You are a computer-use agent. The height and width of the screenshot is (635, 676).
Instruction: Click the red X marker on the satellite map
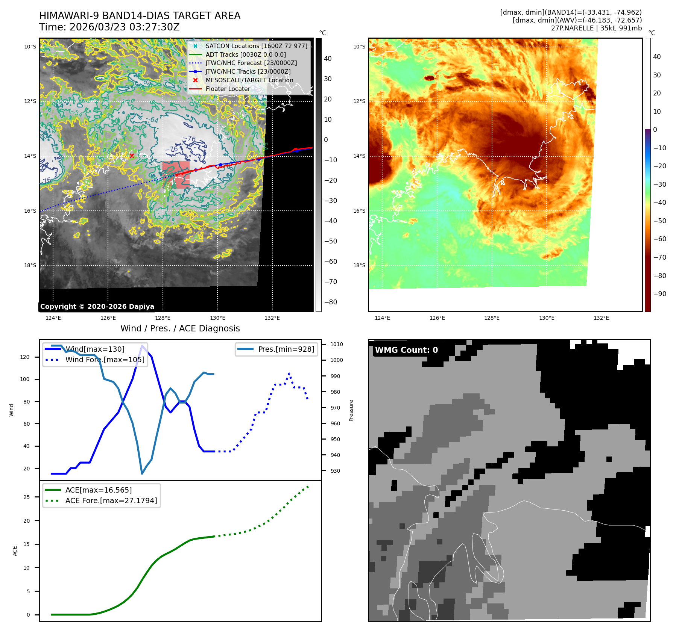click(x=132, y=156)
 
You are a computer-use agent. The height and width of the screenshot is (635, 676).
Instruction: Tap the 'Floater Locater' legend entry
click(x=228, y=89)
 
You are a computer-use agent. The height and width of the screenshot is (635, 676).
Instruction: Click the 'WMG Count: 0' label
click(x=406, y=350)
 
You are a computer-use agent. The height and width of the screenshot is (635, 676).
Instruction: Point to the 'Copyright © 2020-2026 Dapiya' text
click(x=97, y=307)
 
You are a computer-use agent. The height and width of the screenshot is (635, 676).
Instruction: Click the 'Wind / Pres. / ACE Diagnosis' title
click(x=180, y=328)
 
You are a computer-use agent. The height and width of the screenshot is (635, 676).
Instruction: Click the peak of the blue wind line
click(x=142, y=346)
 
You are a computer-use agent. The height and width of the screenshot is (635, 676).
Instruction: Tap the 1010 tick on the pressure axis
click(x=336, y=344)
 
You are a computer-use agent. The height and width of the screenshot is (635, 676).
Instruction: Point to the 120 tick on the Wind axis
click(x=25, y=357)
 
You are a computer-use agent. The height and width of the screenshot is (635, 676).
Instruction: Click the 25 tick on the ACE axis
click(x=27, y=497)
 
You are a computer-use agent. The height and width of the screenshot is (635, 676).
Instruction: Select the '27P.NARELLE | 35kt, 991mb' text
click(x=596, y=28)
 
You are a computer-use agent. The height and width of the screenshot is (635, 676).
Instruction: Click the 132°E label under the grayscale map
click(x=272, y=318)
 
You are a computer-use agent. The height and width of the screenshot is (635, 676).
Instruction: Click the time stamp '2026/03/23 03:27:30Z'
click(x=125, y=27)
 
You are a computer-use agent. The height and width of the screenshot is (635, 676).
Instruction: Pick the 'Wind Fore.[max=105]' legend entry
click(x=105, y=360)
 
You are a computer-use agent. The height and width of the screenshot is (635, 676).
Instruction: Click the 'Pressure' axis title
click(x=351, y=410)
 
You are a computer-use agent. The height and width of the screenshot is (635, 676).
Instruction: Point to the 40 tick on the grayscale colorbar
click(x=328, y=59)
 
